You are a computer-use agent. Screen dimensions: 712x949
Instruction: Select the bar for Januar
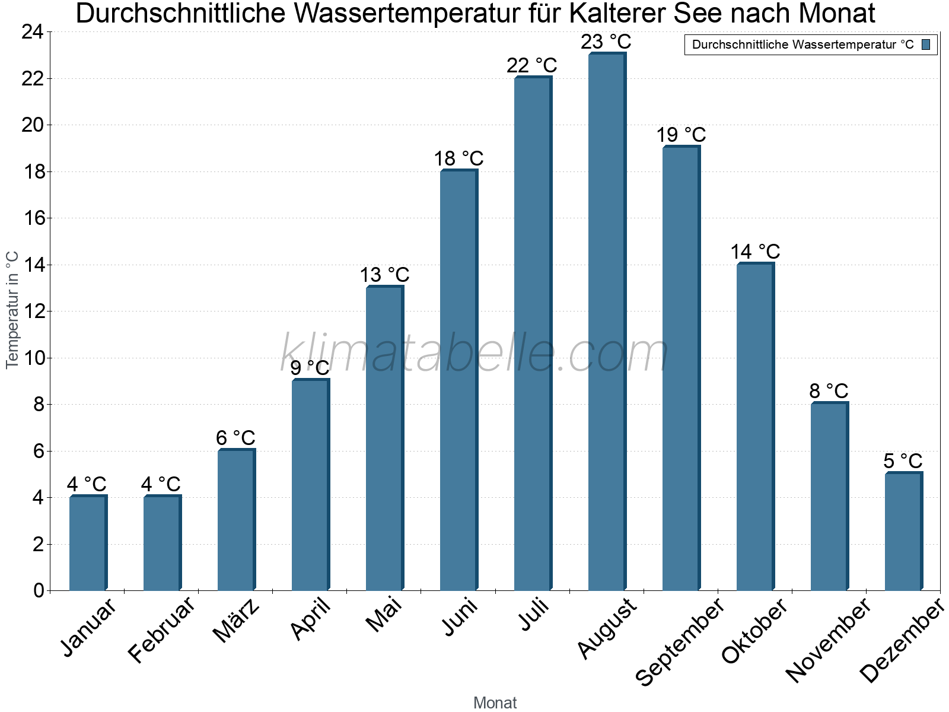[88, 543]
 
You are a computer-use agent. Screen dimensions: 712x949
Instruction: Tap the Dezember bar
[903, 532]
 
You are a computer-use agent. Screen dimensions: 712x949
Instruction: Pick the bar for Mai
[384, 438]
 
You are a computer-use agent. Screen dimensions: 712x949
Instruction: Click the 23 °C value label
[606, 42]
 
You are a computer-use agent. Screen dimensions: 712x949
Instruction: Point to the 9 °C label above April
[310, 368]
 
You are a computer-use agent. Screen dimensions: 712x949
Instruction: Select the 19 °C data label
[681, 135]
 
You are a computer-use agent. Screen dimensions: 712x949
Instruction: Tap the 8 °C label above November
[829, 391]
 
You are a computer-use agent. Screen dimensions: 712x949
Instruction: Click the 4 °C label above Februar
[161, 484]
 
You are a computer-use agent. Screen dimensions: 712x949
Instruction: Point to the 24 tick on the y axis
[33, 32]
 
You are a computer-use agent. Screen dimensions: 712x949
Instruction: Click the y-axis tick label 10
[33, 358]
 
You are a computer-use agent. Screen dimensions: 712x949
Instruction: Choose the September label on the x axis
[680, 641]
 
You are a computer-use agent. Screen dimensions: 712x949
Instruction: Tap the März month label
[236, 621]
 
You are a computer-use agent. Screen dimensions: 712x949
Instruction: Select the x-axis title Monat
[495, 703]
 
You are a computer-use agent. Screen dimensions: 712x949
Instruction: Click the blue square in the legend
[926, 44]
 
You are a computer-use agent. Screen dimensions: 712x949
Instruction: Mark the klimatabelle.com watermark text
[474, 353]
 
